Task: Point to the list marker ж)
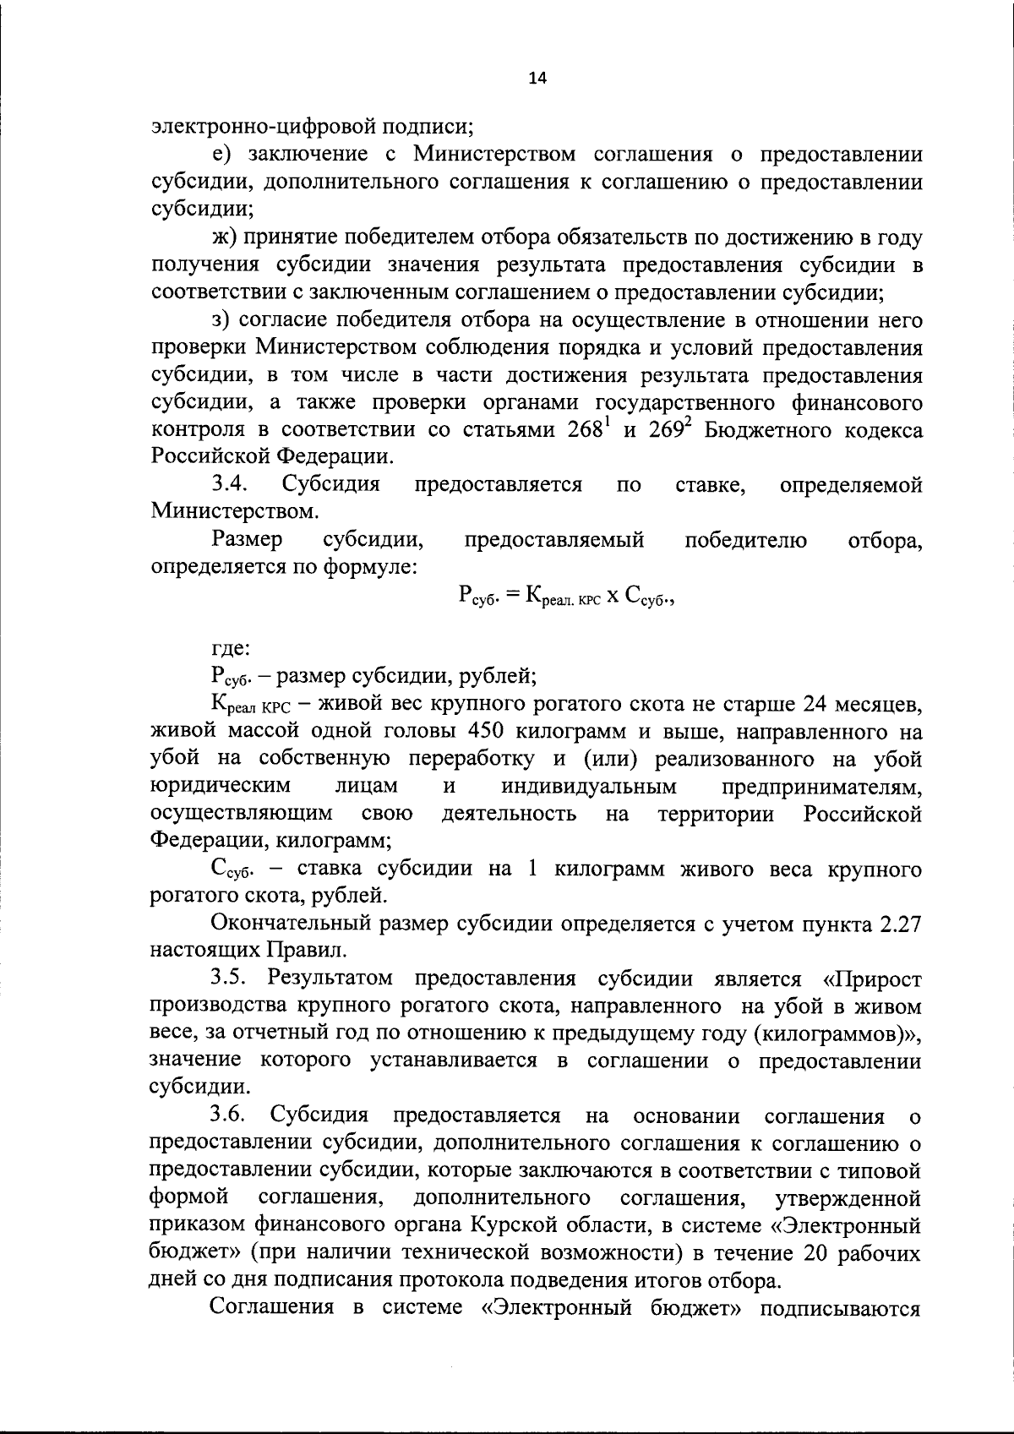224,237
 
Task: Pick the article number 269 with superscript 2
670,429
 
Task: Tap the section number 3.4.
229,485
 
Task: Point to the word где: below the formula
231,649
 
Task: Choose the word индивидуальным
589,787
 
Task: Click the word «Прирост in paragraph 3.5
871,979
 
